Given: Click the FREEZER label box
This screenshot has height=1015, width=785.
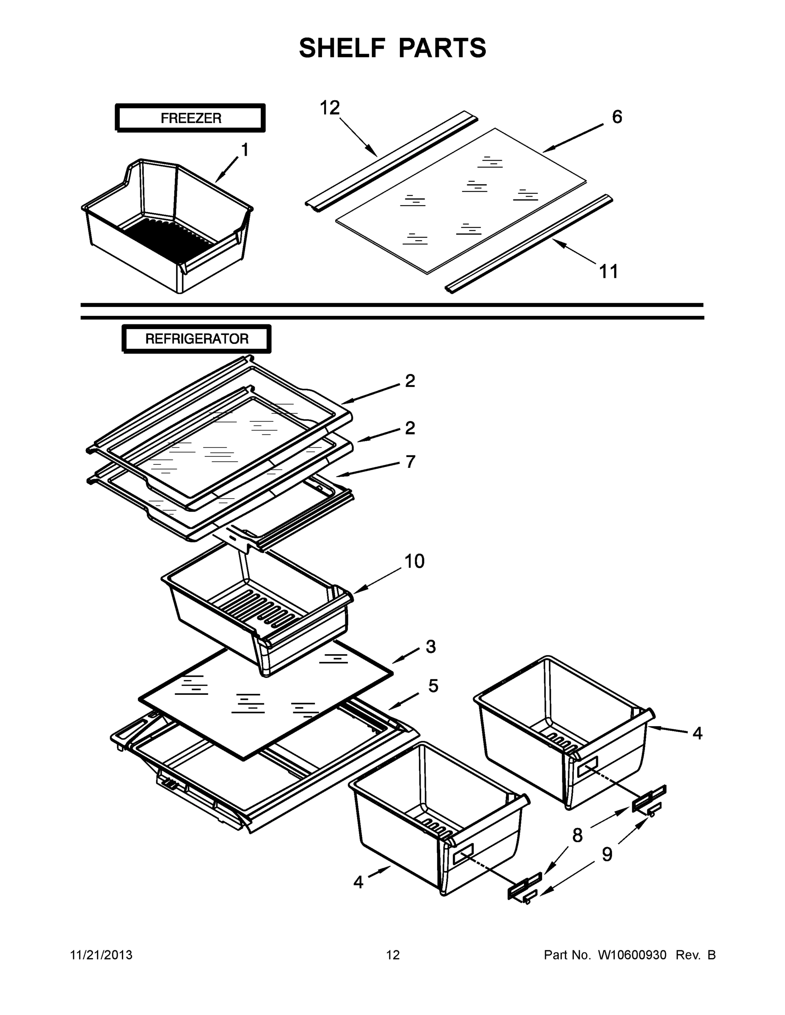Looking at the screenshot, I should click(x=191, y=118).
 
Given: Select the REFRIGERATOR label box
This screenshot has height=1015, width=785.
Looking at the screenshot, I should click(x=197, y=339).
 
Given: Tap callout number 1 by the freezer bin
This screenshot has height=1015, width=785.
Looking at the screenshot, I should click(x=244, y=150).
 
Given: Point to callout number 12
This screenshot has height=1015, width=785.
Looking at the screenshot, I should click(x=330, y=108).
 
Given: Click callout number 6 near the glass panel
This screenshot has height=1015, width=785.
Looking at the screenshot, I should click(x=617, y=117).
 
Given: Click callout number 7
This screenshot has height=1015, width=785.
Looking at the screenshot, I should click(x=410, y=462).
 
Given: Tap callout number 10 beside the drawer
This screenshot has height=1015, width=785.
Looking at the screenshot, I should click(x=414, y=561).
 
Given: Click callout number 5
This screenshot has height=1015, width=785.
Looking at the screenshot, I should click(x=433, y=686).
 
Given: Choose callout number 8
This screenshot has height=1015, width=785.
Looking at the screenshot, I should click(x=577, y=836).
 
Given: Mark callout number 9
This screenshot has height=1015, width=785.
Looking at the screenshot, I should click(x=607, y=854).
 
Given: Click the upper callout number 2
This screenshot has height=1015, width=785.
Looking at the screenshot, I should click(x=410, y=381).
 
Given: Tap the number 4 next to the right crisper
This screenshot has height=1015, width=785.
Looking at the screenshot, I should click(x=697, y=733).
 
